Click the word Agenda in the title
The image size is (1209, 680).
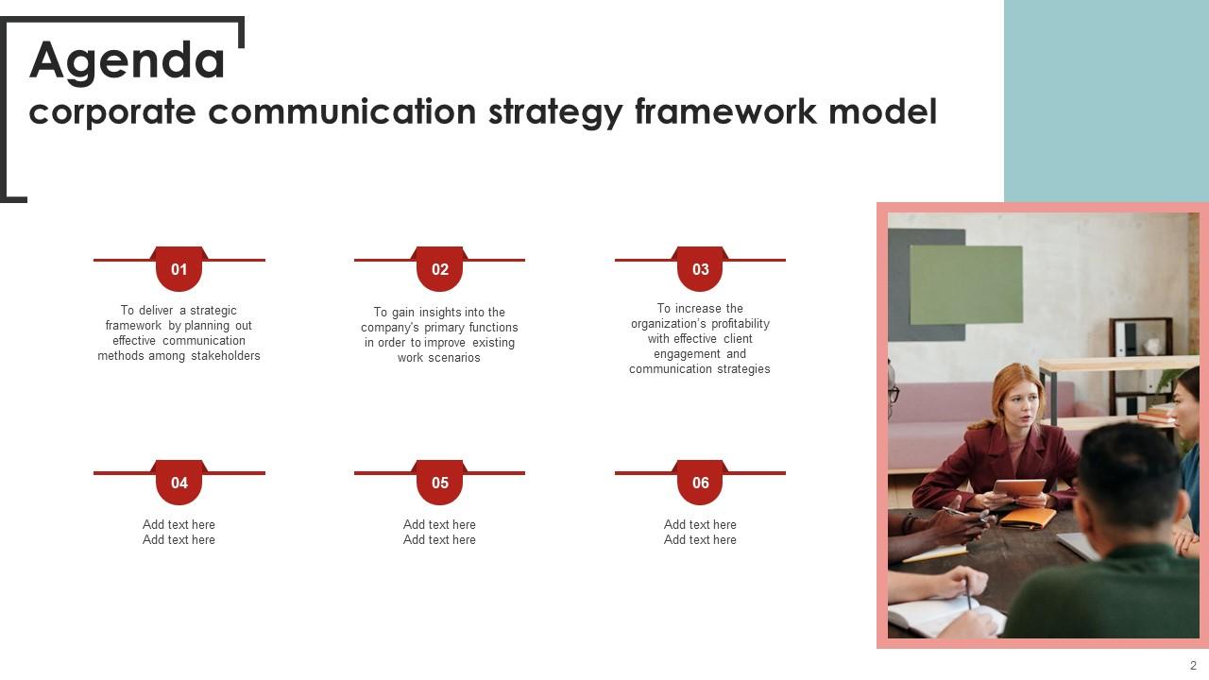point(128,60)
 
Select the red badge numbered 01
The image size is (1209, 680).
point(179,269)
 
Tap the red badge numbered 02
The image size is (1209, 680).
point(440,269)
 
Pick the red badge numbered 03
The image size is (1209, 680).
point(700,269)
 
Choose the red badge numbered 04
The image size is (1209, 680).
point(179,483)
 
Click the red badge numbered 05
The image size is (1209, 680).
point(440,483)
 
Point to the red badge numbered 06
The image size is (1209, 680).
point(700,483)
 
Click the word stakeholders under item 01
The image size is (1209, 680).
point(225,356)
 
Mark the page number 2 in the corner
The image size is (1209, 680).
point(1193,665)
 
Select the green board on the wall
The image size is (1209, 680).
point(965,284)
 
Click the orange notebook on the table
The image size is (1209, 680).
point(1028,518)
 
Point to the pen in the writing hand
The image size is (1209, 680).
point(967,596)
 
